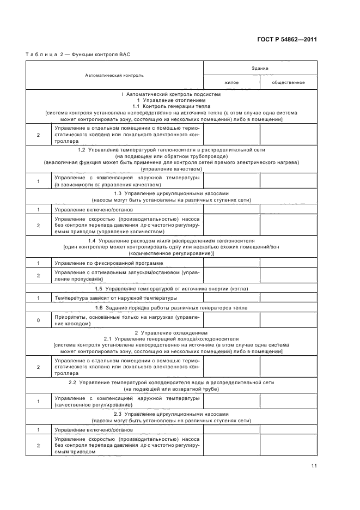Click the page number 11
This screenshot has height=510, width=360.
(x=314, y=466)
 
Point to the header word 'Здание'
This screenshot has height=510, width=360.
(x=259, y=68)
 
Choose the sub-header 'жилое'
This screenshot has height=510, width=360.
(x=231, y=82)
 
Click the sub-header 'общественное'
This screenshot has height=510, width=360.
(x=288, y=82)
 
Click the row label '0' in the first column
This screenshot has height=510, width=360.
(x=38, y=320)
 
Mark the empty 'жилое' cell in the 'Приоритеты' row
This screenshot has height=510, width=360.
(x=231, y=320)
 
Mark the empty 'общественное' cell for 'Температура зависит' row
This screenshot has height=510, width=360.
(x=288, y=299)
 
